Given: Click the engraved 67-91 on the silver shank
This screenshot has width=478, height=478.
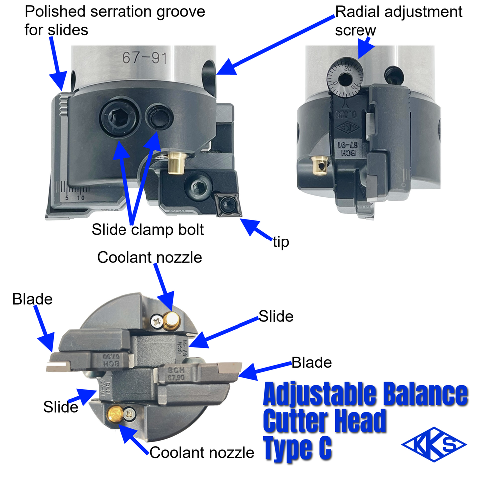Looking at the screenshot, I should pyautogui.click(x=145, y=58).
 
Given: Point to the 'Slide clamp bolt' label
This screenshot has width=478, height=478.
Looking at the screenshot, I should pyautogui.click(x=147, y=230).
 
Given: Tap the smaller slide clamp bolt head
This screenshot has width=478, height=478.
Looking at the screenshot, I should pyautogui.click(x=159, y=118).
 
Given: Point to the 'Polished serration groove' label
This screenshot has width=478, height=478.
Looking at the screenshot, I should pyautogui.click(x=115, y=20).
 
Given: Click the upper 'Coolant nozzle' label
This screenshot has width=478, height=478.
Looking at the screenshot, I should pyautogui.click(x=149, y=257).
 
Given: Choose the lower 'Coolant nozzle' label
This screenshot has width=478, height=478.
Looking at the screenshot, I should pyautogui.click(x=202, y=453).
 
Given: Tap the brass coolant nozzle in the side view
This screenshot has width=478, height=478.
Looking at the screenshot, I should pyautogui.click(x=176, y=163).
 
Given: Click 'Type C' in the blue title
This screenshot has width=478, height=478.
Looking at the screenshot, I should pyautogui.click(x=297, y=449).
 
